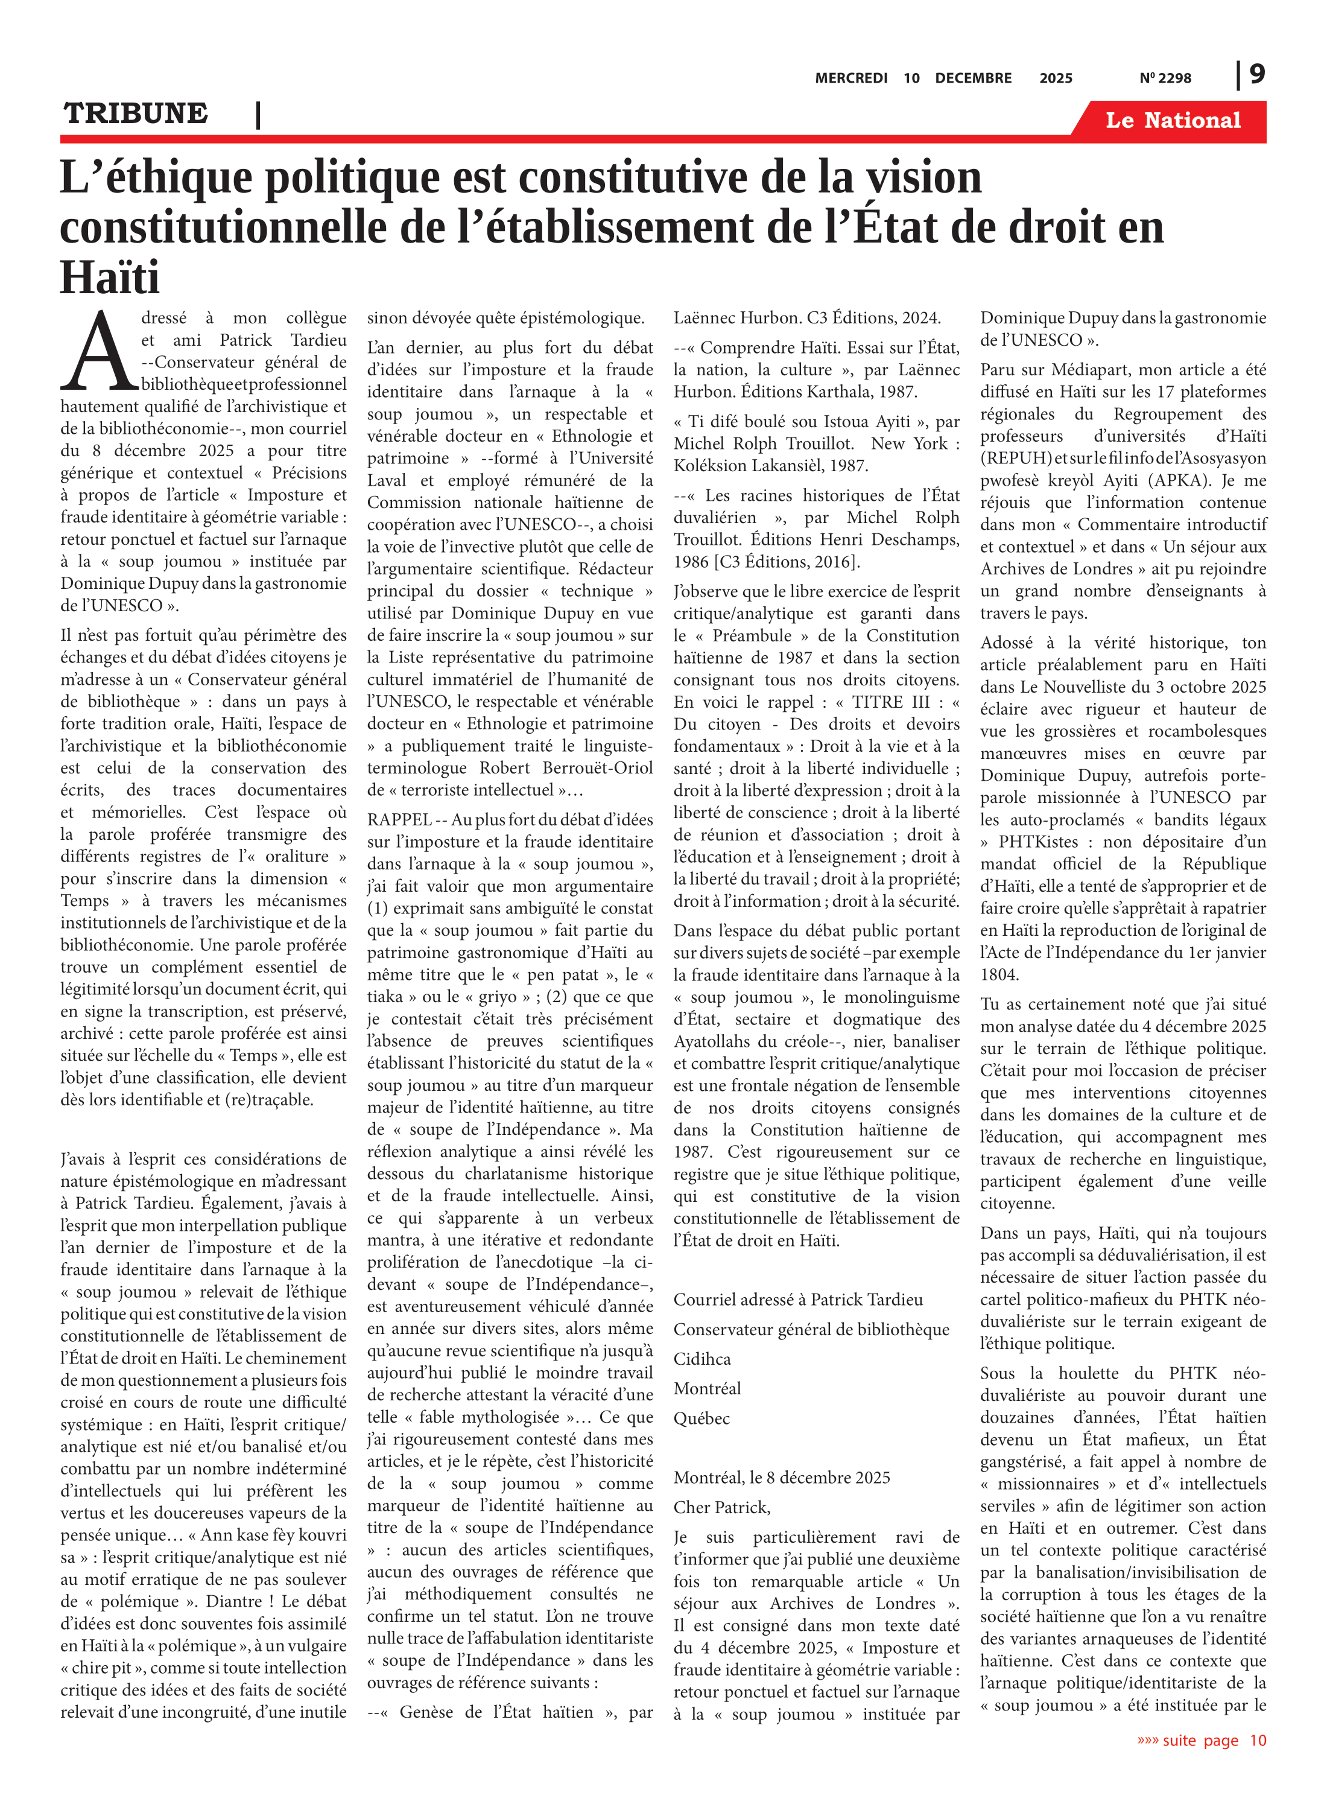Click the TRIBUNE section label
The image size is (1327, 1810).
pos(136,113)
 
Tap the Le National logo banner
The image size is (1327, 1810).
pos(1172,121)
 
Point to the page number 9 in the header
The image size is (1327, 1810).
pos(1257,74)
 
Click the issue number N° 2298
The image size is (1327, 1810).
pos(1165,78)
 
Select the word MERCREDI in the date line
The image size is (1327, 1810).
pos(850,78)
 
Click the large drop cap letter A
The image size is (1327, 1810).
pos(99,352)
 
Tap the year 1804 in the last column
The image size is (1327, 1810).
pos(999,974)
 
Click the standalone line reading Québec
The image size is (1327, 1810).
pos(702,1418)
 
